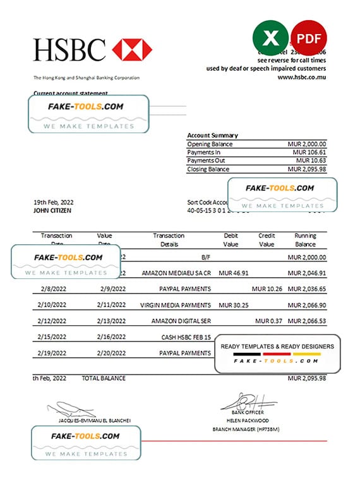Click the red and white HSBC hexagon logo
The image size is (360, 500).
(x=132, y=49)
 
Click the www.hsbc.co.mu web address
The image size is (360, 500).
(x=302, y=77)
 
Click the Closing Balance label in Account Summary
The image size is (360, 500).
(x=209, y=169)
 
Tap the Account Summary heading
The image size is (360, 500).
(x=212, y=135)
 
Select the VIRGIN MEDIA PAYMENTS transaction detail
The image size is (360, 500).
(x=176, y=305)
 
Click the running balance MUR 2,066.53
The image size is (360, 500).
(x=306, y=321)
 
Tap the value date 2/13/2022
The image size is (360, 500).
(x=113, y=321)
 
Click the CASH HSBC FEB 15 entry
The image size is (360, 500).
(x=186, y=337)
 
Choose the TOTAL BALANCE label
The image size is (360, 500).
(x=104, y=378)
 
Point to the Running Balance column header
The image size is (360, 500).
(x=305, y=239)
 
